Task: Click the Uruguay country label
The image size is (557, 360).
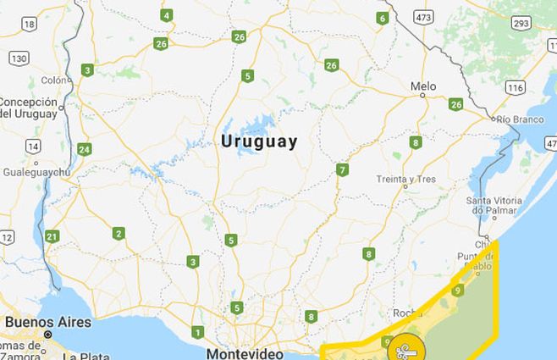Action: click(x=259, y=141)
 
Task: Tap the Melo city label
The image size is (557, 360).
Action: click(x=423, y=86)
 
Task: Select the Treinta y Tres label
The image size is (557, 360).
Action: click(x=407, y=179)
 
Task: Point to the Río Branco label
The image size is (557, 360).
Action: click(x=520, y=119)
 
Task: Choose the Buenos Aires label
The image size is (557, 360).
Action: click(x=47, y=322)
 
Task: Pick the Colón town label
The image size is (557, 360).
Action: click(x=52, y=80)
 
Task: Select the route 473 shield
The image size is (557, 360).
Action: click(x=424, y=17)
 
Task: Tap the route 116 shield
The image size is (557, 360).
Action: click(x=516, y=87)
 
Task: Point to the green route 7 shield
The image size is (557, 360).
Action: click(x=342, y=169)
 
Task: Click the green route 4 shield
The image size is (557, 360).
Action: click(x=167, y=15)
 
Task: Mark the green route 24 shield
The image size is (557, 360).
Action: click(x=84, y=149)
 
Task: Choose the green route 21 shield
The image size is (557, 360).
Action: click(x=52, y=236)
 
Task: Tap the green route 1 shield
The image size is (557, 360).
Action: click(x=198, y=331)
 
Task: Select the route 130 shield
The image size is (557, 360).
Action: click(x=19, y=57)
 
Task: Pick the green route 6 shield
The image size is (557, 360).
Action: click(x=383, y=18)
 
